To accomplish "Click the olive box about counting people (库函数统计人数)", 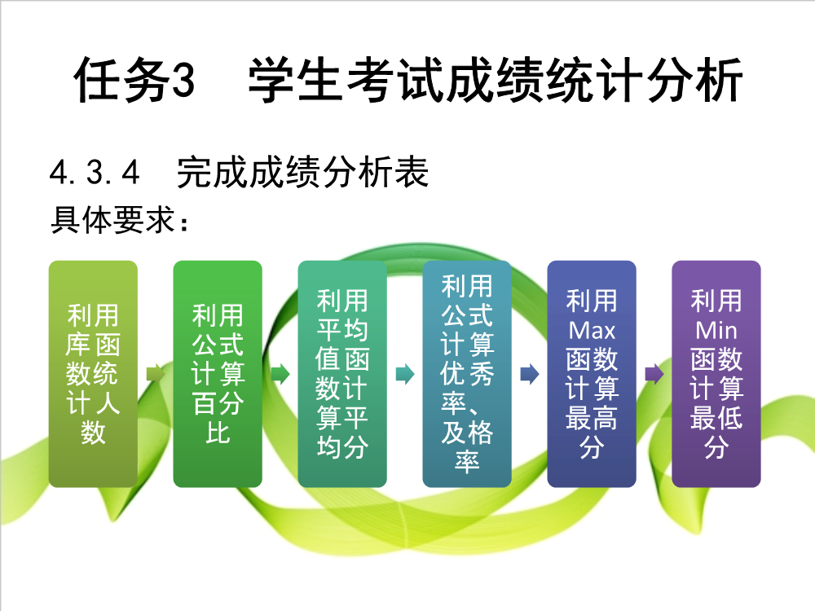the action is (93, 374).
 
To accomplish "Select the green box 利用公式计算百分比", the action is (218, 374).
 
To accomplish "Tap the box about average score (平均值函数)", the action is (342, 374).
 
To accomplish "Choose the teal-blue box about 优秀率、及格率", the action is (467, 374).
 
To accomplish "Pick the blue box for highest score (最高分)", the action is (592, 374).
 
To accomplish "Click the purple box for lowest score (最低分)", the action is (716, 374).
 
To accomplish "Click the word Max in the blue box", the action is (592, 331).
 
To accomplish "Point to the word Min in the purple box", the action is (716, 331).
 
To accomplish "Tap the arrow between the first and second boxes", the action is (156, 374).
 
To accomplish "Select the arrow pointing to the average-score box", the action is (280, 374).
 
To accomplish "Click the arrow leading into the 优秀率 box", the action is (405, 374).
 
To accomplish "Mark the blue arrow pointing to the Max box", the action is (530, 374).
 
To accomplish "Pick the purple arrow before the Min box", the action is (654, 374).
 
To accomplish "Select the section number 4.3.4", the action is (95, 173).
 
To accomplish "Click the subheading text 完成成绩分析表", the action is (302, 172).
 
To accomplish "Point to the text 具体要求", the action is (112, 220).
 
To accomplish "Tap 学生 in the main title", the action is (296, 80).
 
